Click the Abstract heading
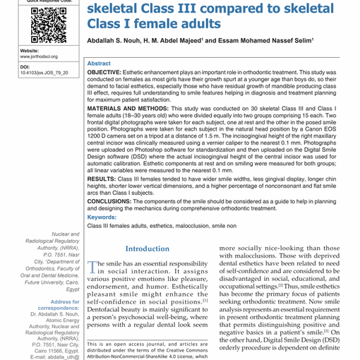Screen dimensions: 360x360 pyautogui.click(x=99, y=63)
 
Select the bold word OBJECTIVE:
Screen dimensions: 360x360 pyautogui.click(x=110, y=73)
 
